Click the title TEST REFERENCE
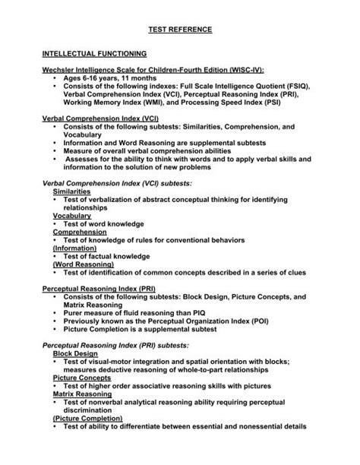[x=180, y=30]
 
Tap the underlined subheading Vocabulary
[x=73, y=216]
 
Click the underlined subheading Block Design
[x=75, y=354]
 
